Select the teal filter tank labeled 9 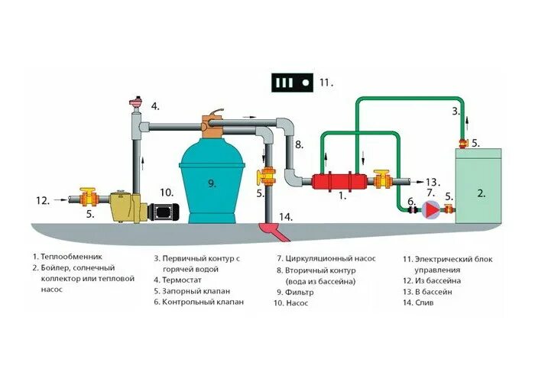pyautogui.click(x=212, y=183)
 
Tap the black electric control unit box pyautogui.click(x=293, y=82)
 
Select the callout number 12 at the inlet pyautogui.click(x=43, y=201)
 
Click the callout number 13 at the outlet pyautogui.click(x=433, y=182)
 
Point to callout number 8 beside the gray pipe pyautogui.click(x=299, y=144)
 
